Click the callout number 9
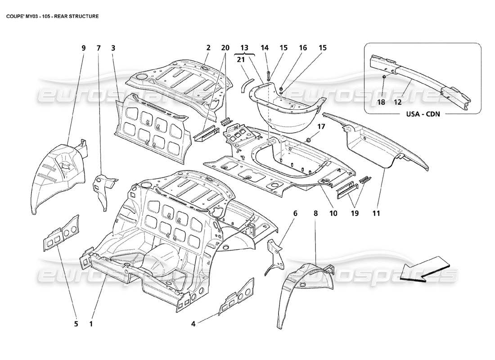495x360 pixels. (83, 48)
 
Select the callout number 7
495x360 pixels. (99, 48)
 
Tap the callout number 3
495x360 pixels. (113, 48)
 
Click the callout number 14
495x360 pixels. (264, 48)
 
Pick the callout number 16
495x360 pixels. (302, 48)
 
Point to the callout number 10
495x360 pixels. (333, 214)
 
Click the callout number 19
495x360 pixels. (355, 214)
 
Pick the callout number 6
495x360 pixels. (295, 214)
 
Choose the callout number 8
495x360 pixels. (315, 214)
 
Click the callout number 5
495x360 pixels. (76, 324)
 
